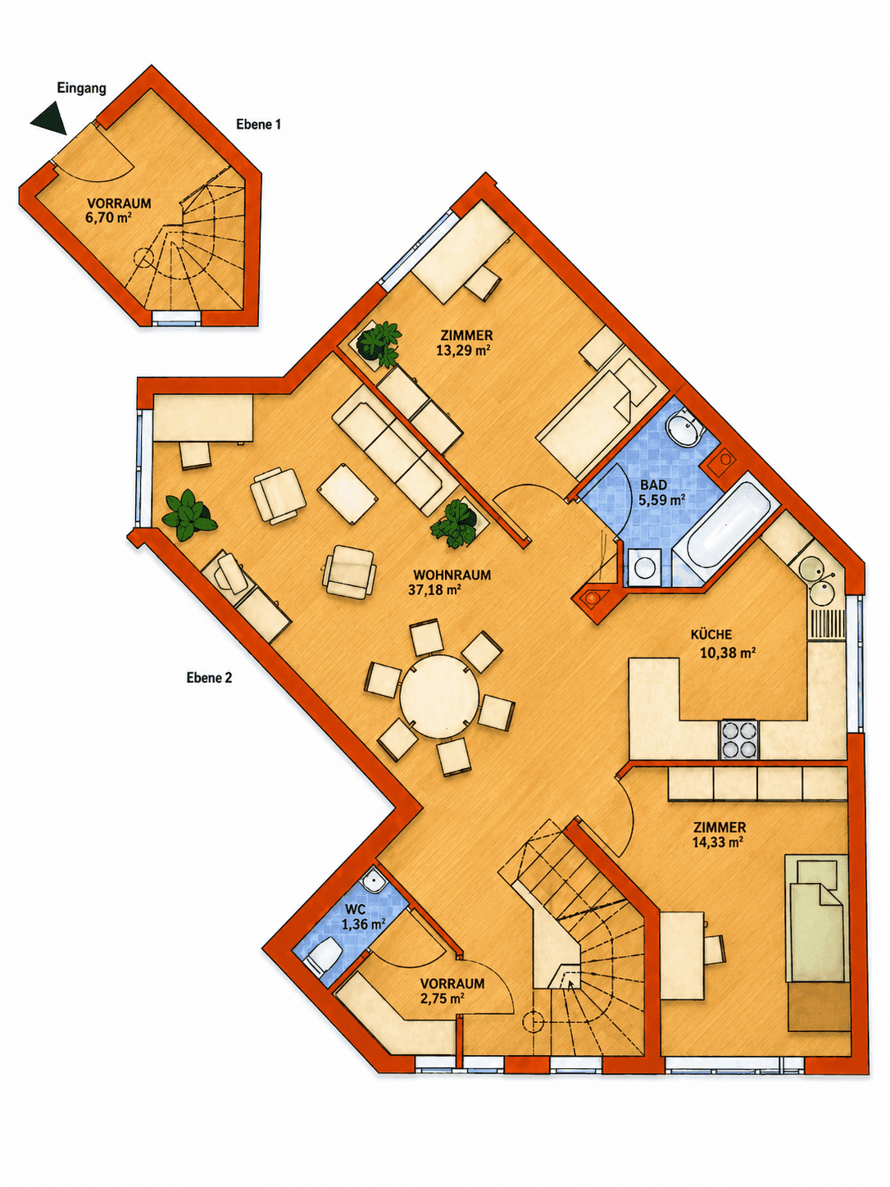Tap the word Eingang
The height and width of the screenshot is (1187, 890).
pos(82,89)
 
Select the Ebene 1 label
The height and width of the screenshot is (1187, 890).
pos(258,125)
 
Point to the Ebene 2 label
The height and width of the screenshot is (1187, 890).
pos(209,678)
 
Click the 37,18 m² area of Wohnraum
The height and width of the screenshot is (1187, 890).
pos(434,590)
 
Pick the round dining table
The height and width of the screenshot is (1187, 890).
pos(438,695)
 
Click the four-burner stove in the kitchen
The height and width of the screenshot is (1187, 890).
pos(738,739)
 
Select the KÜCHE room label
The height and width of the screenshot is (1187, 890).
pos(711,634)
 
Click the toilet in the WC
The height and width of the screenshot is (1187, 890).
pos(322,958)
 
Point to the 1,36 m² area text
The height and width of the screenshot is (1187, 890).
pos(363,924)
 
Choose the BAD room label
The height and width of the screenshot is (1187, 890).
pos(654,485)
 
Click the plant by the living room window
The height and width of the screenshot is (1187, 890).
pos(188,516)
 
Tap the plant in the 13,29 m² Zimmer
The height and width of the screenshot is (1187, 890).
pos(380,343)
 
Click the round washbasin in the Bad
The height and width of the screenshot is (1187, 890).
pos(683,428)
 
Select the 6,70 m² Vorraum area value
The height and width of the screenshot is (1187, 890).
pos(109,218)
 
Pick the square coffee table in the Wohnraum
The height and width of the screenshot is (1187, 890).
pos(347,494)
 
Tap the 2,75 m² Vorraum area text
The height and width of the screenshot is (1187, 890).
pos(443,998)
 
